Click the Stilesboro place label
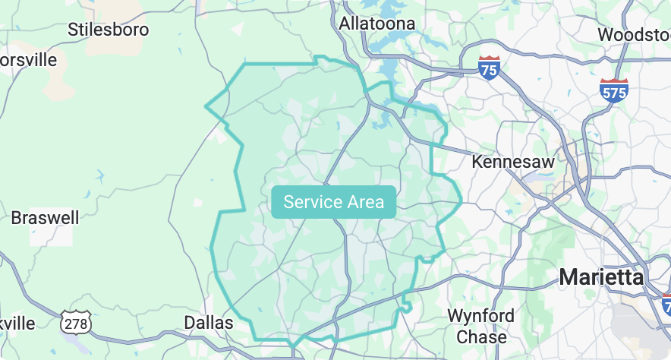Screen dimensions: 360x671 (x=108, y=30)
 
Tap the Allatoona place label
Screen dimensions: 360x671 (x=377, y=24)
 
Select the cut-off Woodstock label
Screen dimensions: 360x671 (x=633, y=34)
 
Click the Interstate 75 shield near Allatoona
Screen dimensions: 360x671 (x=490, y=68)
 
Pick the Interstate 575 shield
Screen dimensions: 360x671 (x=613, y=90)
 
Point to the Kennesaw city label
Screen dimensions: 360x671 (x=513, y=161)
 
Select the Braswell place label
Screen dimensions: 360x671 (x=45, y=218)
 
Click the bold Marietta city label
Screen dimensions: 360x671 (x=602, y=277)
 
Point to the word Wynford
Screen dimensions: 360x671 (x=480, y=315)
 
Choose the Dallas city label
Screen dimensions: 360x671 (x=209, y=323)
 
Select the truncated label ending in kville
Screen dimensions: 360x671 (x=17, y=323)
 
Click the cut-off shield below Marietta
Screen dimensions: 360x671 (x=666, y=305)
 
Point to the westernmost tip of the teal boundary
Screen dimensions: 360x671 (x=206, y=106)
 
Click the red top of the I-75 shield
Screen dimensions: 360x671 (x=490, y=59)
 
